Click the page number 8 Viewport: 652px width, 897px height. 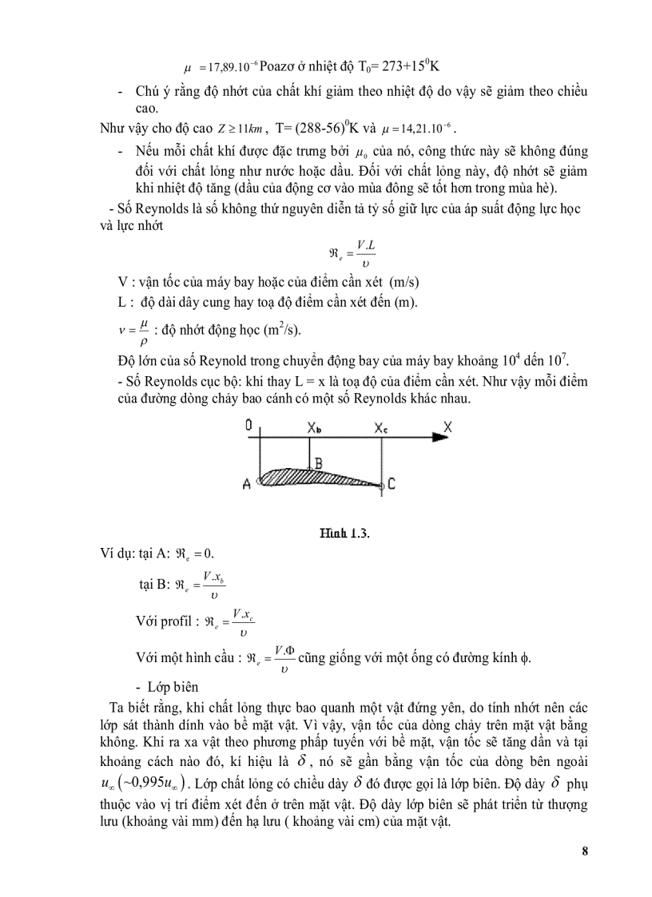[585, 851]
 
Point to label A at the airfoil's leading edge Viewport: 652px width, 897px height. [248, 483]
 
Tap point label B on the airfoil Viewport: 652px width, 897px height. [318, 462]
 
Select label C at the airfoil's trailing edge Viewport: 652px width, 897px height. [392, 484]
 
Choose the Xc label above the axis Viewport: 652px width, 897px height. [382, 427]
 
